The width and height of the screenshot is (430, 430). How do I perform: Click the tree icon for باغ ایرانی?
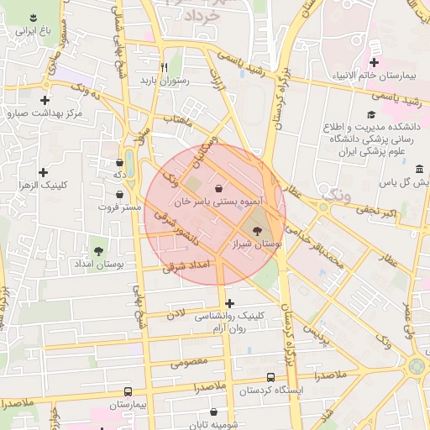coord(33,18)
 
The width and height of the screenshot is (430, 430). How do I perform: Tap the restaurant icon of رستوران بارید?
coord(165,67)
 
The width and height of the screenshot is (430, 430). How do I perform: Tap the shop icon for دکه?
coord(119,161)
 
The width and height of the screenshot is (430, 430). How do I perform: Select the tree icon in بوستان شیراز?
coord(256,230)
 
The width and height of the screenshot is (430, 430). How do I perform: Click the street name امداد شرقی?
coord(188,265)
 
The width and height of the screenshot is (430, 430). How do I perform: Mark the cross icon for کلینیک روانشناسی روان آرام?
coord(230,303)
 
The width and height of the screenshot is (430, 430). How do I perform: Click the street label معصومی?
coord(188,364)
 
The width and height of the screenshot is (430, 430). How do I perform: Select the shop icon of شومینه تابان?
coord(215,412)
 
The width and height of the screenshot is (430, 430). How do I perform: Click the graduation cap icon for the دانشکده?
coord(370,115)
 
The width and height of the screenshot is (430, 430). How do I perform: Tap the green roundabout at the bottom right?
coord(417,367)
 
